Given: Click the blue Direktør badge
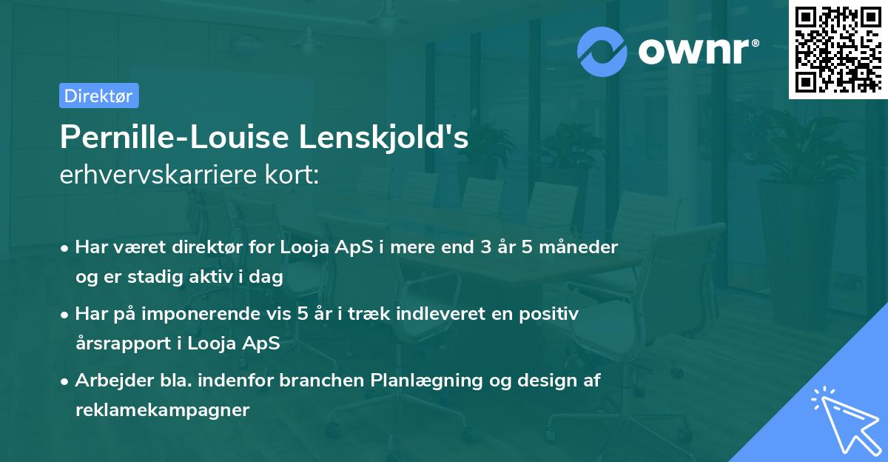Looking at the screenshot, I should [x=98, y=96].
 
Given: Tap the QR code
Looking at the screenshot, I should [x=838, y=49].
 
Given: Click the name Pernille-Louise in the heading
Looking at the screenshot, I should [x=175, y=137].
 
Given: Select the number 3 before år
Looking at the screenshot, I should [x=486, y=247].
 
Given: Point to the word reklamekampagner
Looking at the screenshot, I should [x=162, y=410].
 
